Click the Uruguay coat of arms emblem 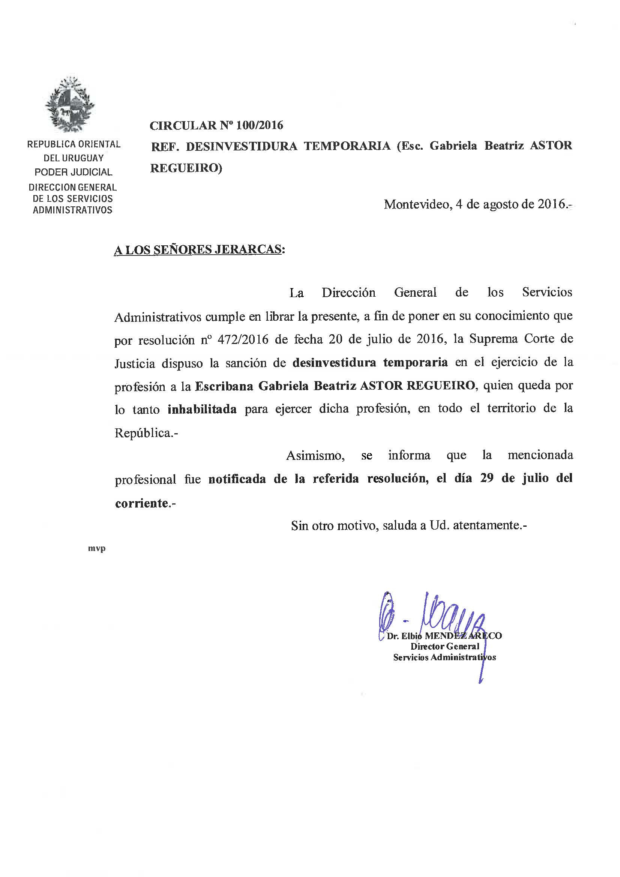click(x=69, y=104)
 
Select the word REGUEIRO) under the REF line click(x=186, y=168)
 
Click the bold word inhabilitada click(x=202, y=410)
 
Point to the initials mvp click(x=97, y=549)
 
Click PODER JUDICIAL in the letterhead click(x=74, y=172)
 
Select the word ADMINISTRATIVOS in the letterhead click(x=73, y=210)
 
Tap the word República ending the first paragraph click(x=143, y=433)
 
